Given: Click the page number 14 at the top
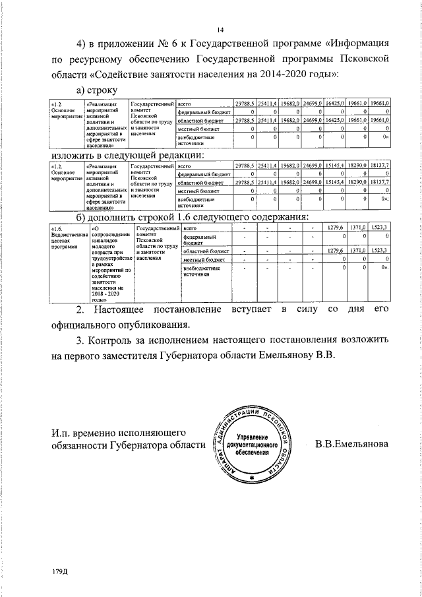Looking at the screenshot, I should tap(221, 29).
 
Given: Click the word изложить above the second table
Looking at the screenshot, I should tap(75, 156).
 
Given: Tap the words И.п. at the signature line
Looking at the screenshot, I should tap(63, 432).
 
